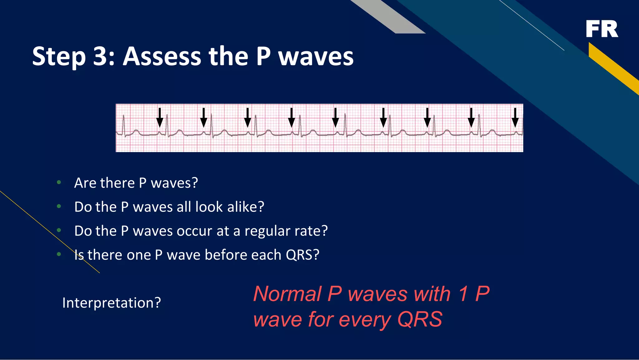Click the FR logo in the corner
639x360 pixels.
602,29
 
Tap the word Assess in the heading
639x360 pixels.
162,57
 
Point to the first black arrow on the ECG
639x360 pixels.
160,117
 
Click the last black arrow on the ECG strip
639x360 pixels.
515,117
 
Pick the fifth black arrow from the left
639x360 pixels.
335,117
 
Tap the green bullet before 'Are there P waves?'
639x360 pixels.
59,182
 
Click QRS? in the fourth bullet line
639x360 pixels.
303,255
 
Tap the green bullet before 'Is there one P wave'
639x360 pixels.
59,254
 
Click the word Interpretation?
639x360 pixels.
111,303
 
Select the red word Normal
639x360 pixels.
287,294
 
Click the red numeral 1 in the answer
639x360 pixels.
464,294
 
